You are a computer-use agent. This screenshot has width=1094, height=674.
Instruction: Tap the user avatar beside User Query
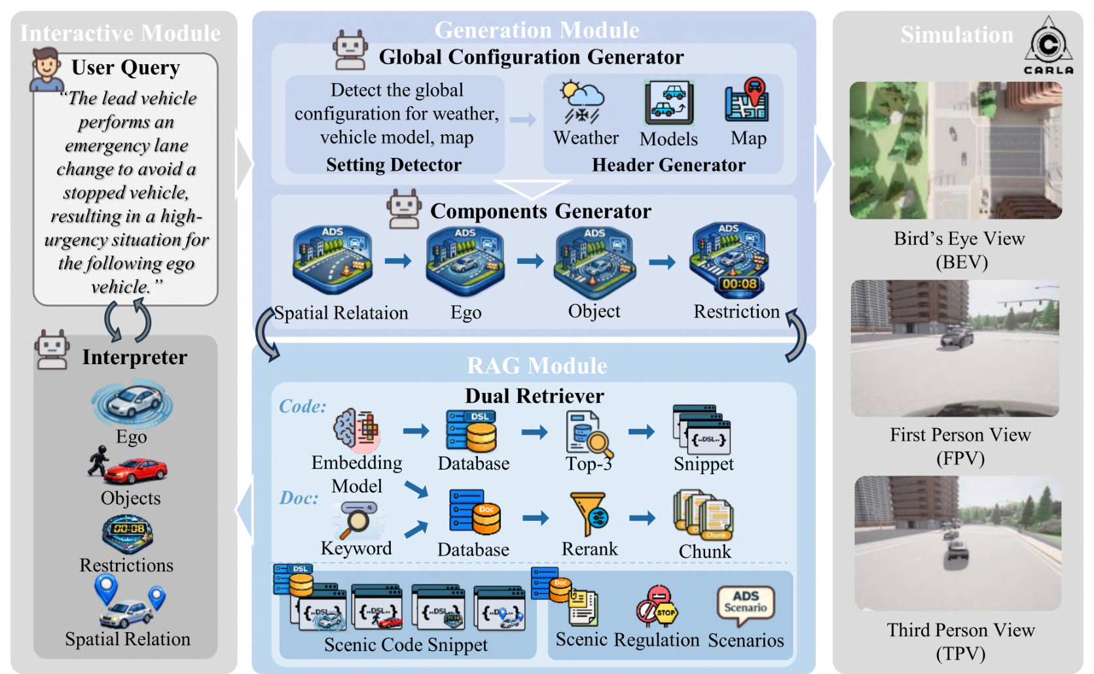46,69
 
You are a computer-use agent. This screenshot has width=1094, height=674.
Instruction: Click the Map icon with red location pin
747,99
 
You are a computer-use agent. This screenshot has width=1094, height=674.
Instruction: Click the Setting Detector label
393,164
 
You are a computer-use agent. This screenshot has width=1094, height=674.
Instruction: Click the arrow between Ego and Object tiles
530,261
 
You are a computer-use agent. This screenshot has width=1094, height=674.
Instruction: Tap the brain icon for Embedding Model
356,428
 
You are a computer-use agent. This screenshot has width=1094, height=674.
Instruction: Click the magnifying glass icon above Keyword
357,519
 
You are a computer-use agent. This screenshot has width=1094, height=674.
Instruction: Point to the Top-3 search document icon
589,432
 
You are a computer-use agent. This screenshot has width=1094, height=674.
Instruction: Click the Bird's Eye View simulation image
955,150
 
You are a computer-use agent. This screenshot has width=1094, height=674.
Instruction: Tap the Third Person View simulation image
958,544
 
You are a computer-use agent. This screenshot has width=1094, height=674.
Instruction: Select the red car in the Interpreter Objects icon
136,470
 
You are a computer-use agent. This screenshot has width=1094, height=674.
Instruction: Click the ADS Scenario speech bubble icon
745,605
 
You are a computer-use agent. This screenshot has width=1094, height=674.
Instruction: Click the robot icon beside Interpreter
51,350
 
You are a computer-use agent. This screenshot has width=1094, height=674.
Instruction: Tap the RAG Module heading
538,365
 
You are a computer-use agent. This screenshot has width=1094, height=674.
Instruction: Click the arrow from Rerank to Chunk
642,517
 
